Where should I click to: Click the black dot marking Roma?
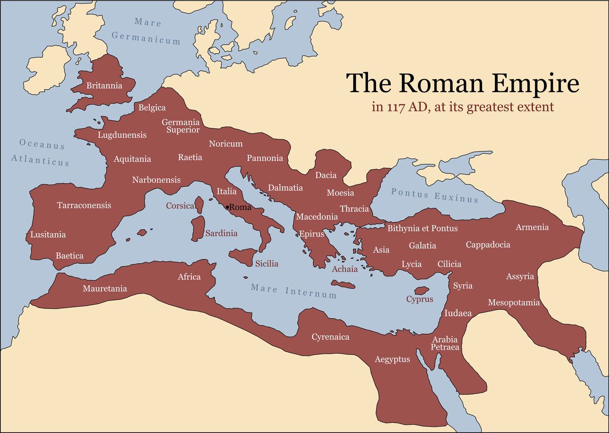click(x=227, y=206)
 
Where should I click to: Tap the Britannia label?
click(x=105, y=86)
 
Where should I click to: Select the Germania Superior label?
click(x=181, y=126)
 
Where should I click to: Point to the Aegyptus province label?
click(x=392, y=359)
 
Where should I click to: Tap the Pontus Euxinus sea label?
click(x=434, y=195)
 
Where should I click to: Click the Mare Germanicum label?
click(x=146, y=30)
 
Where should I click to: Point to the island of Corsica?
click(x=199, y=205)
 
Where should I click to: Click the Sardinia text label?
click(x=221, y=234)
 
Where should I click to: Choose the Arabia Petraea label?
click(x=445, y=343)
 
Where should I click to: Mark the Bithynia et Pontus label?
click(x=422, y=228)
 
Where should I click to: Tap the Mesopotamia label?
click(x=514, y=303)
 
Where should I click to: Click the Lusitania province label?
click(x=48, y=235)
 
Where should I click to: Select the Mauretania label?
click(x=105, y=288)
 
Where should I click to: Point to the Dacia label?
click(x=326, y=175)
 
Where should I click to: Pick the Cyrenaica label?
click(x=330, y=337)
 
